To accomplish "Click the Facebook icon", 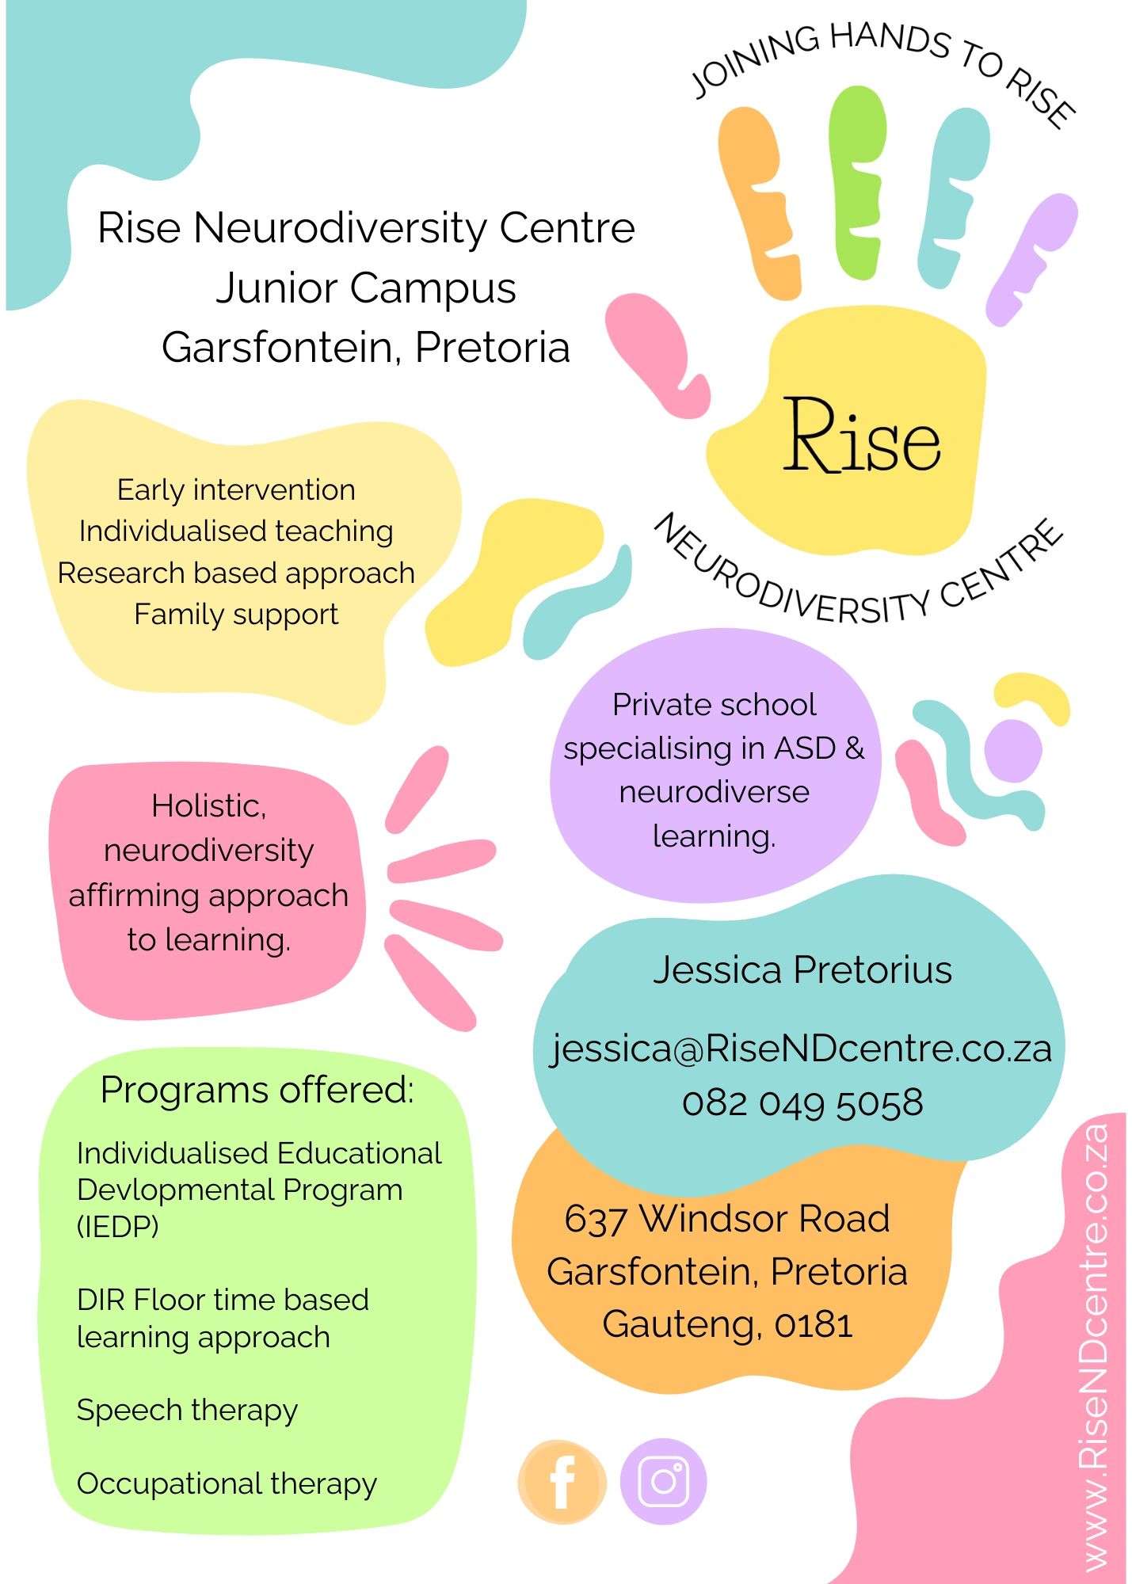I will tap(562, 1481).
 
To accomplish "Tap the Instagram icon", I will tap(663, 1481).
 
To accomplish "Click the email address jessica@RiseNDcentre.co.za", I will tap(802, 1049).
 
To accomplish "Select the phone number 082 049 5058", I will tap(802, 1103).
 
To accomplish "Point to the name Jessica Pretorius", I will tap(802, 969).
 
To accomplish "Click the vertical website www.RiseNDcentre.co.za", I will tap(1095, 1346).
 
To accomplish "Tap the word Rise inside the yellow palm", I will tap(862, 437).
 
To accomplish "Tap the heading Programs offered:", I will tap(257, 1090).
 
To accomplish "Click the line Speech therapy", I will tap(187, 1410).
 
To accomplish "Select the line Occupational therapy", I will tap(227, 1483).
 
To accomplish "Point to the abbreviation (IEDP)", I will tap(117, 1227).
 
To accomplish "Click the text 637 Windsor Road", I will tap(726, 1218).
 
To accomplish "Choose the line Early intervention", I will tap(236, 490).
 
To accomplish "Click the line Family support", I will tap(236, 614).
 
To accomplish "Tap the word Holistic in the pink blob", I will tap(208, 806).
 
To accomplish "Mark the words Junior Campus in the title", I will tap(366, 287).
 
